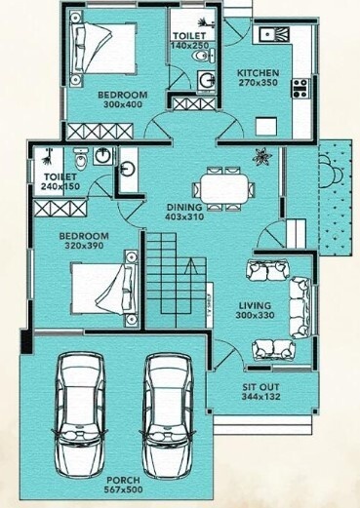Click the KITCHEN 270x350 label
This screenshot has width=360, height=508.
click(258, 78)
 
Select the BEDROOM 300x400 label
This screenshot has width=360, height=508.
click(122, 99)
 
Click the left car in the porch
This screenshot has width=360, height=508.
click(80, 410)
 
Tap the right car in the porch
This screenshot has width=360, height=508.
click(167, 410)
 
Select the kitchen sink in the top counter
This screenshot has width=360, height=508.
click(270, 35)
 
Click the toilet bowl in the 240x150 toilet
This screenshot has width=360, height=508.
click(82, 157)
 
